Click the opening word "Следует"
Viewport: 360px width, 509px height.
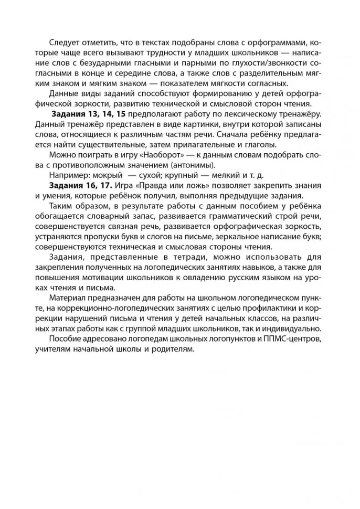[65, 43]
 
